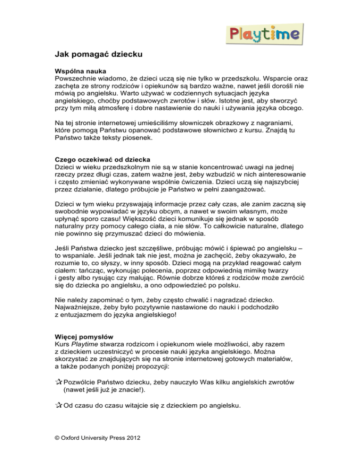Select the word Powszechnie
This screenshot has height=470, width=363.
coord(75,78)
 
